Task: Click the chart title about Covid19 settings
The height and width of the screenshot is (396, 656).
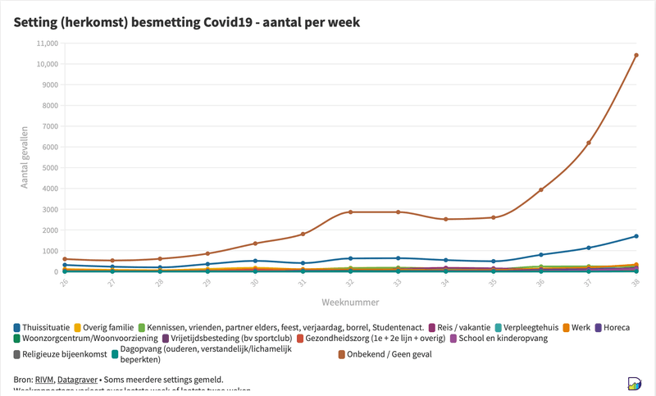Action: tap(187, 22)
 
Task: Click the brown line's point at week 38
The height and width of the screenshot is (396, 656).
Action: tap(636, 56)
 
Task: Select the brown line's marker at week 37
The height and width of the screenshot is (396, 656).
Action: tap(589, 143)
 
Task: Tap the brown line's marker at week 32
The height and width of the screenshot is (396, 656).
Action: tap(350, 212)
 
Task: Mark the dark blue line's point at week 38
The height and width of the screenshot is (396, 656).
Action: tap(636, 236)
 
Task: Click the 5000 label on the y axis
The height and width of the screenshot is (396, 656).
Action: tap(47, 168)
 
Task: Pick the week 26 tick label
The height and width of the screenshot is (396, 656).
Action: tap(64, 282)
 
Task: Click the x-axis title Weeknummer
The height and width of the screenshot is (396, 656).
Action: tap(350, 302)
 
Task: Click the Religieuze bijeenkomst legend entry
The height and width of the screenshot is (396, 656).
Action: tap(64, 355)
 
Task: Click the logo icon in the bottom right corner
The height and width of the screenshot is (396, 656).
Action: tap(634, 384)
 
